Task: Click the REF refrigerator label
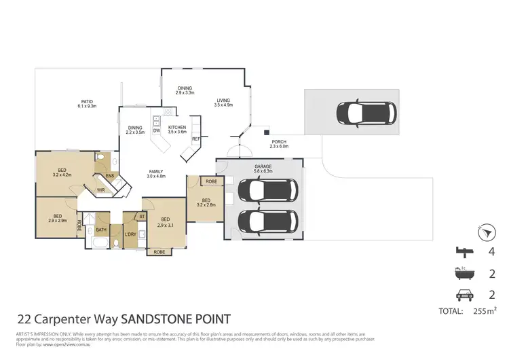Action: point(195,139)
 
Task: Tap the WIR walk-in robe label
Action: point(101,190)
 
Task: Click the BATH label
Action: point(102,230)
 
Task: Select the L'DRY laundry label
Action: point(130,234)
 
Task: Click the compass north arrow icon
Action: point(484,234)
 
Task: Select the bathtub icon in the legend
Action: point(465,275)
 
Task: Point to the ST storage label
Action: point(142,217)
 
